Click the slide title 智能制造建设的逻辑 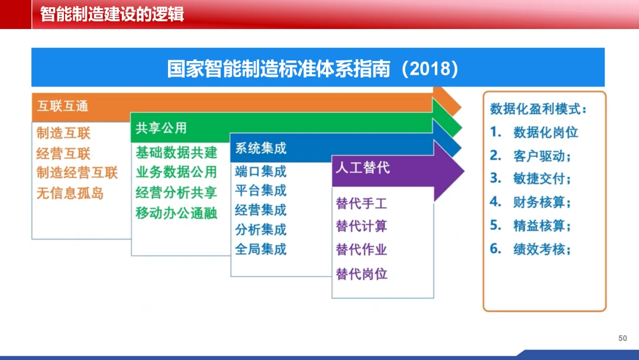(x=112, y=14)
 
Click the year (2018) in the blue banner (x=430, y=69)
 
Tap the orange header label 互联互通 (x=63, y=107)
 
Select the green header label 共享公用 (x=161, y=128)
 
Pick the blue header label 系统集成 (x=261, y=148)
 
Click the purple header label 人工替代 (x=363, y=168)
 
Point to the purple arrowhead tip (x=464, y=171)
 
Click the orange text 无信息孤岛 (x=70, y=193)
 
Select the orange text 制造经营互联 (x=77, y=173)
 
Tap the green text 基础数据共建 (x=176, y=153)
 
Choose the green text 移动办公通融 (x=176, y=213)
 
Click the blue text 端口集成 (x=261, y=172)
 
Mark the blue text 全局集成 (x=261, y=249)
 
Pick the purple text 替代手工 (x=362, y=204)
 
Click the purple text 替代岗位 (x=362, y=274)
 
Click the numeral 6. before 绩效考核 (x=496, y=248)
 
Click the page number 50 (x=622, y=339)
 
